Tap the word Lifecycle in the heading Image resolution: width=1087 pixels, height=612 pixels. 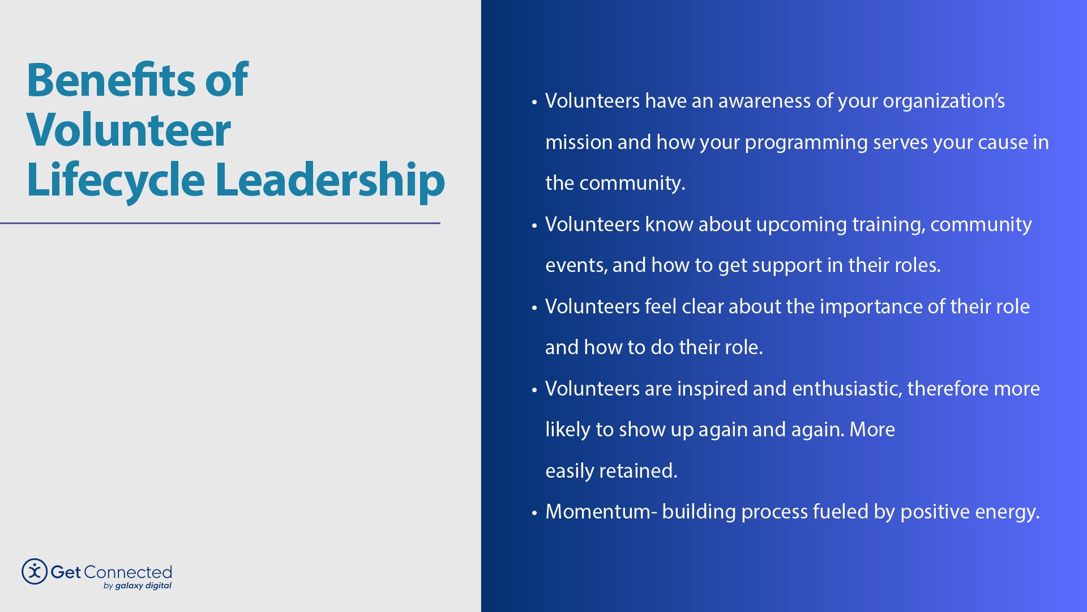click(115, 180)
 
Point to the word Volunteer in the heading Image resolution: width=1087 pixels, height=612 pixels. click(129, 130)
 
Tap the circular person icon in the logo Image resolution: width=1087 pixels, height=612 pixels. click(35, 571)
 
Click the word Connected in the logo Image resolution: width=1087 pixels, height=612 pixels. click(127, 572)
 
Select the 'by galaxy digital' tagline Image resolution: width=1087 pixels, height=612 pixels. click(138, 586)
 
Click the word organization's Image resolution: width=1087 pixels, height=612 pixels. click(944, 101)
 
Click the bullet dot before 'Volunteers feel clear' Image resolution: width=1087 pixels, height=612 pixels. click(534, 308)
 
